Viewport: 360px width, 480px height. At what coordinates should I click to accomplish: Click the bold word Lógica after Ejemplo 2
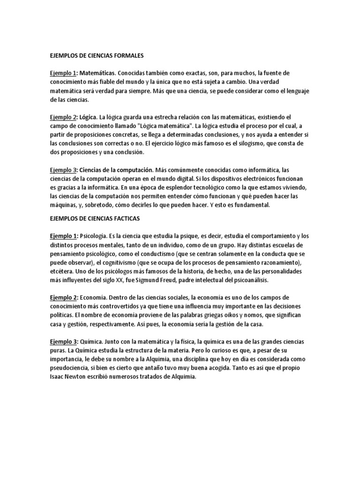89,117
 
